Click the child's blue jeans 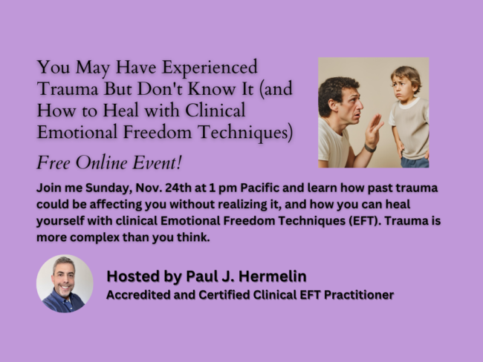[415, 160]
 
